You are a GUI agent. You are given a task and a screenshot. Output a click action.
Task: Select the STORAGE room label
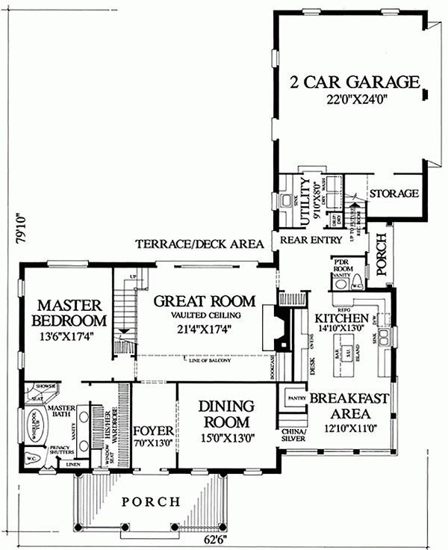394,194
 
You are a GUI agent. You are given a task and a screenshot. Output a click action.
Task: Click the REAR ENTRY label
311,240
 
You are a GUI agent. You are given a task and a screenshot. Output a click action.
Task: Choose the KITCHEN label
343,317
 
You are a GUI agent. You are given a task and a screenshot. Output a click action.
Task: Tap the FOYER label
153,433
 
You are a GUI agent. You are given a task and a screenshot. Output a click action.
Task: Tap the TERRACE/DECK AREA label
199,244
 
